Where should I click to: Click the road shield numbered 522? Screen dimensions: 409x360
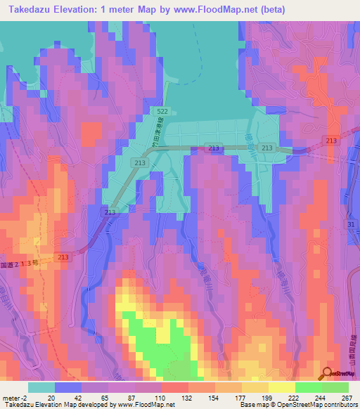(x=162, y=112)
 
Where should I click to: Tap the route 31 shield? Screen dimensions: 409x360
(x=352, y=224)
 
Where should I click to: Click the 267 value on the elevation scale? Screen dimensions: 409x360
(x=347, y=397)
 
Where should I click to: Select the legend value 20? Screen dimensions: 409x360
(x=51, y=397)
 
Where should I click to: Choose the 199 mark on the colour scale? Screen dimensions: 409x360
(x=268, y=397)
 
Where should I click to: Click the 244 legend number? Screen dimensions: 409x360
(x=321, y=397)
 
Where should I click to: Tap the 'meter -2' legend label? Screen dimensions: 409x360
(x=15, y=397)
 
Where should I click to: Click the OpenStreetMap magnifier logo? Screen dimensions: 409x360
(x=328, y=373)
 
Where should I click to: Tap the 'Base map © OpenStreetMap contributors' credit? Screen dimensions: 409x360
(x=296, y=405)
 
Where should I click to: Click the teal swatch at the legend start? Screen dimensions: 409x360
(x=41, y=387)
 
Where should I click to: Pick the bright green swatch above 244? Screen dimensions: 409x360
(x=309, y=387)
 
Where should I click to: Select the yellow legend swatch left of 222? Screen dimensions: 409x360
(x=281, y=387)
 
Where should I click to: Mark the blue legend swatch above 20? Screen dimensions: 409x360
(x=68, y=387)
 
